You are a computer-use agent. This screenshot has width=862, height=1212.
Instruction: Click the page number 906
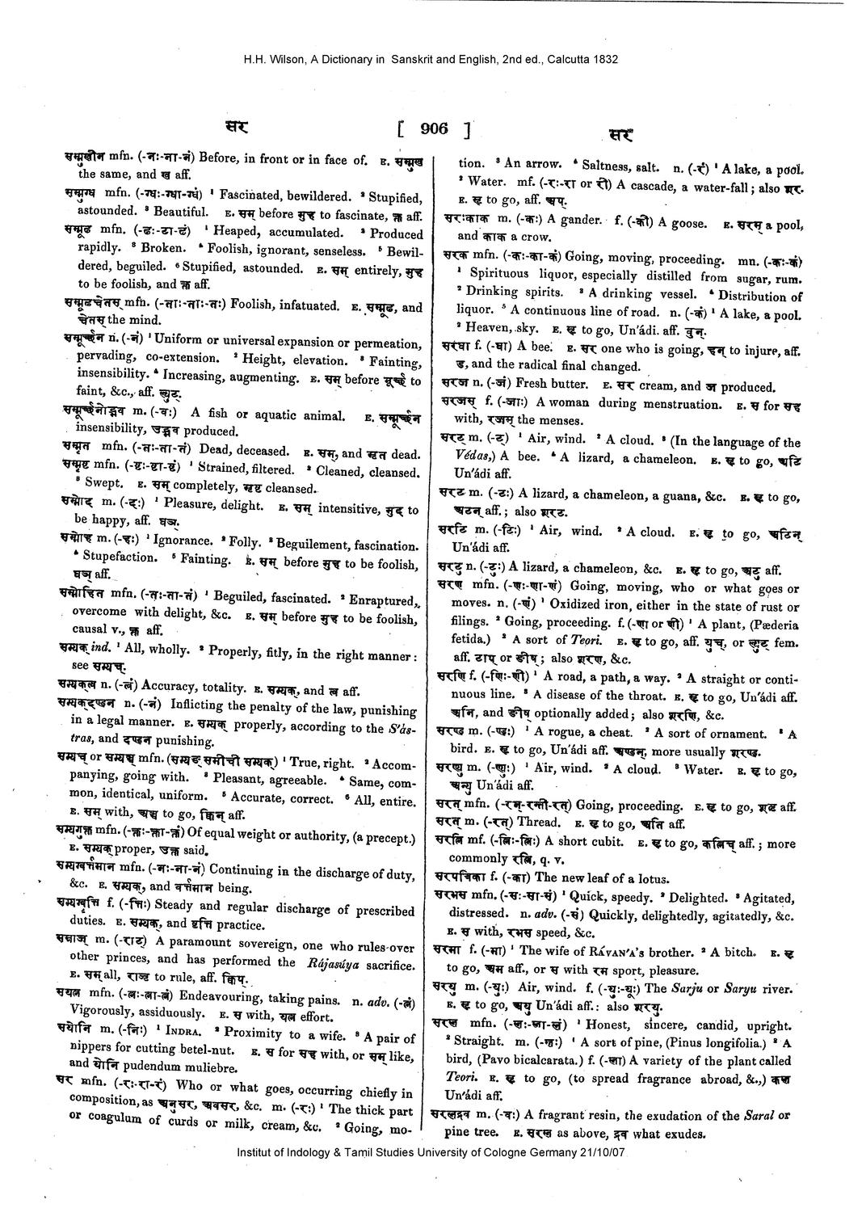coord(435,128)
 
